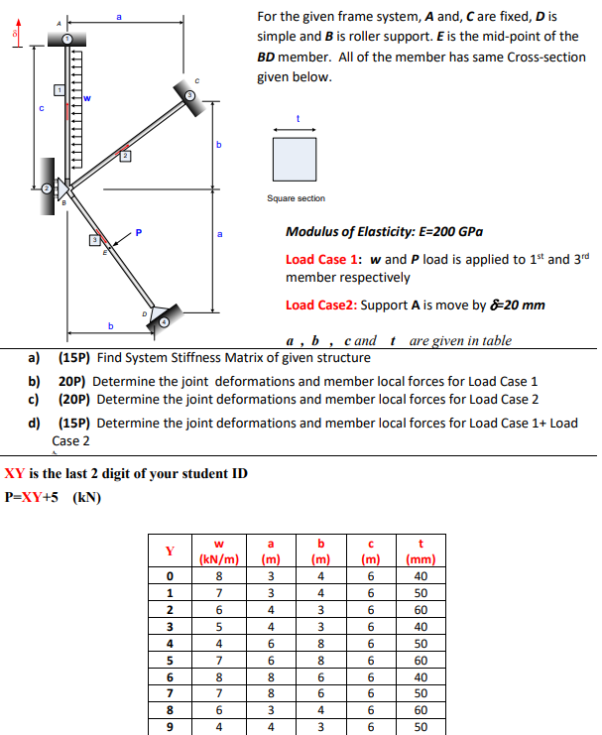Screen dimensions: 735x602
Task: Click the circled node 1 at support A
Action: (x=67, y=38)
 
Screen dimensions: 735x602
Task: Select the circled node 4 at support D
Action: (x=167, y=319)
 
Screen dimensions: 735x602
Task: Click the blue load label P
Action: (x=139, y=234)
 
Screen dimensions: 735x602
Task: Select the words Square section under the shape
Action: (x=296, y=198)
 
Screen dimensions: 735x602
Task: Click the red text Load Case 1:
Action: (x=316, y=260)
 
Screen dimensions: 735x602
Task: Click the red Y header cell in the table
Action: (x=170, y=550)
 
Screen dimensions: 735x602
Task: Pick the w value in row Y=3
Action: (x=218, y=627)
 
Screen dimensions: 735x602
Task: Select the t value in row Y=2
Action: (x=421, y=609)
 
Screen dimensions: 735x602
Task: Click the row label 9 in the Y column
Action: (x=170, y=725)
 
